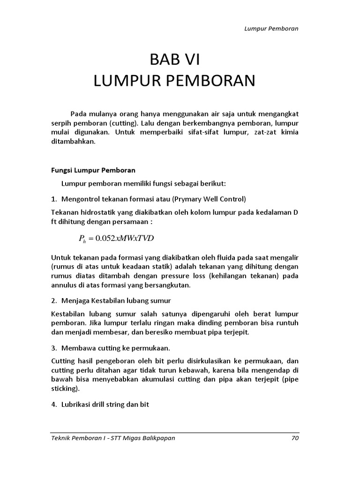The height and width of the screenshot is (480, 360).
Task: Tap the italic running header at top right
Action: [x=271, y=28]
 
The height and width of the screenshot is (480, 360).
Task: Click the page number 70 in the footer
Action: [x=294, y=438]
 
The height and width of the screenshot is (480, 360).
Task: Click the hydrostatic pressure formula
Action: [x=116, y=239]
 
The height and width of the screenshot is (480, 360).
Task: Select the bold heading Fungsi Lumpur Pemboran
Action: [x=93, y=170]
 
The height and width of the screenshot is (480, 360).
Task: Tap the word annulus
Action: [x=64, y=285]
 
